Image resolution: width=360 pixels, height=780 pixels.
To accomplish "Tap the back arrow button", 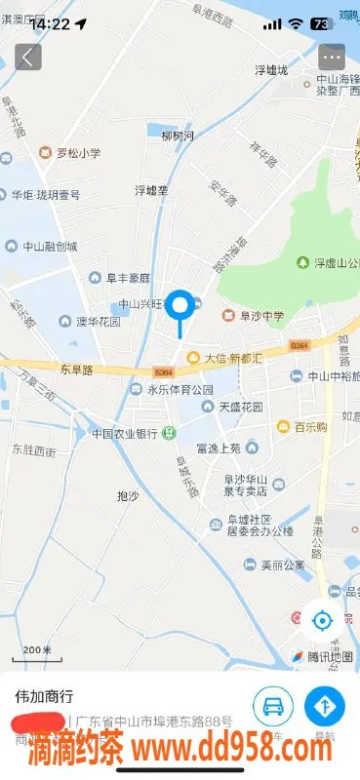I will (x=27, y=57).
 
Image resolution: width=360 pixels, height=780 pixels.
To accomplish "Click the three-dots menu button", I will (x=332, y=57).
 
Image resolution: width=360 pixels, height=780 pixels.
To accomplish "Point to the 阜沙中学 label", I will (x=257, y=315).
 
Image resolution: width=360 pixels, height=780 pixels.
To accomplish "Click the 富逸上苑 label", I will (x=218, y=448).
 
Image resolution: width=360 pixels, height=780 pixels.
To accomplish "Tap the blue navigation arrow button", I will (x=325, y=706).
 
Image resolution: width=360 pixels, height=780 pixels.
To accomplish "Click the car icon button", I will (x=273, y=706).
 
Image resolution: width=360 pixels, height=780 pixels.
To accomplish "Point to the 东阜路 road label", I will (x=75, y=370).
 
